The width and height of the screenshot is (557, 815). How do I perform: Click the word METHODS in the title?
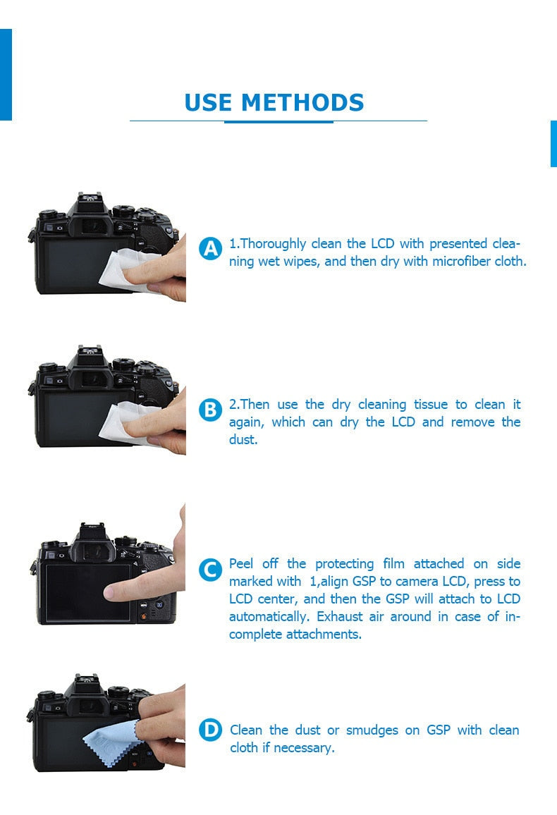pos(302,103)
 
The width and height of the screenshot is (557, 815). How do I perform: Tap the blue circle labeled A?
pos(210,249)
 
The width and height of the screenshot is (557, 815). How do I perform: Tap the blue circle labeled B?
pos(210,410)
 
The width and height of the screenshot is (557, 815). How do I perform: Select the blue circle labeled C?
pos(210,570)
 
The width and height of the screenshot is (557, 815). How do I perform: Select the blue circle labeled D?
pos(210,730)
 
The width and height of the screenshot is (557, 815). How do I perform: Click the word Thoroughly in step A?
pos(274,244)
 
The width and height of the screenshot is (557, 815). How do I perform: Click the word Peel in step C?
pos(242,563)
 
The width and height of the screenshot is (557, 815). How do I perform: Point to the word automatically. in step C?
pos(270,617)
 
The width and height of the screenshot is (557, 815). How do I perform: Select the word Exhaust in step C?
pos(340,617)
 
